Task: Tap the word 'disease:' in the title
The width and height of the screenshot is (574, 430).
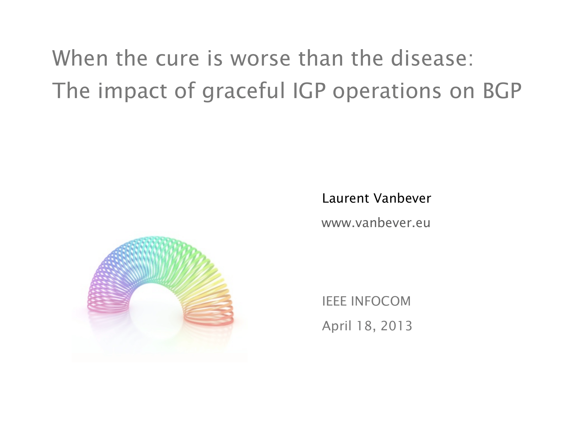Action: [432, 58]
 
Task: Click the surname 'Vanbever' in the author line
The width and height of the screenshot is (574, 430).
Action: [402, 198]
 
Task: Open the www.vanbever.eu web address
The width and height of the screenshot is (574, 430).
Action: [376, 223]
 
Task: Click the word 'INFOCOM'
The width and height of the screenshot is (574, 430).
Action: [381, 301]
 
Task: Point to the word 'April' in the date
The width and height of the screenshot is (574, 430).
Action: [337, 326]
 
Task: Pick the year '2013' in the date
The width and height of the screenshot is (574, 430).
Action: [396, 326]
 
